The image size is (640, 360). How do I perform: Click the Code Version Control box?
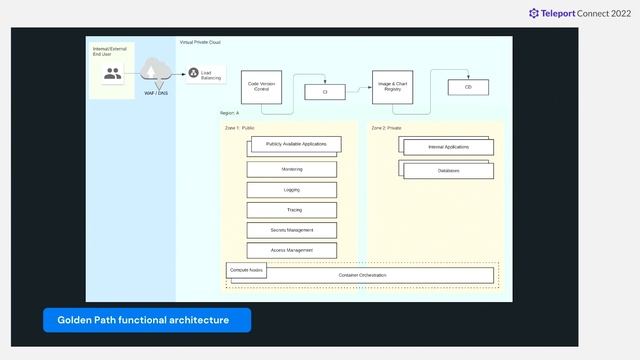click(263, 87)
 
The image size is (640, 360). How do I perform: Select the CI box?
click(325, 91)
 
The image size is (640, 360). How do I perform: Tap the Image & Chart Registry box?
click(393, 87)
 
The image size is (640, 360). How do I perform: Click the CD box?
click(467, 87)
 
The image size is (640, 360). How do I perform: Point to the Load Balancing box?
click(206, 75)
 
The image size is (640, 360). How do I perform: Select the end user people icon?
click(112, 73)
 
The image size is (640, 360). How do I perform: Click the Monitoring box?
click(292, 169)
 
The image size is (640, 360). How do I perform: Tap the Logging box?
click(292, 189)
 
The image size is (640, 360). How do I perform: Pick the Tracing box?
click(292, 210)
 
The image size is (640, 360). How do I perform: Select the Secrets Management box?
click(292, 230)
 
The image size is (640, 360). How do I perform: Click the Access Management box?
click(292, 250)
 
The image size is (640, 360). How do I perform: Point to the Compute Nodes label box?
click(246, 270)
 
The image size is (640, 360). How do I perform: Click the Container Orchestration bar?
click(362, 275)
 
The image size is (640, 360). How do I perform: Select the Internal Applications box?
click(448, 147)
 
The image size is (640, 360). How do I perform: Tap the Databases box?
click(448, 171)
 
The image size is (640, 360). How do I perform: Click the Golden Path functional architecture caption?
click(147, 320)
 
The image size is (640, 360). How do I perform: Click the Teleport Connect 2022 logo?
click(581, 13)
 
